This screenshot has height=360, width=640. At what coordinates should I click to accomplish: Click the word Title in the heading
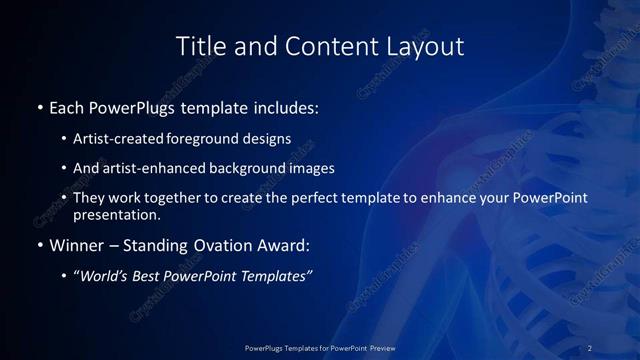pos(198,46)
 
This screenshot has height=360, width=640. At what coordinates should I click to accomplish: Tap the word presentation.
pos(116,214)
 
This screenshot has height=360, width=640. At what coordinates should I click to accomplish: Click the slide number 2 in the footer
pos(590,348)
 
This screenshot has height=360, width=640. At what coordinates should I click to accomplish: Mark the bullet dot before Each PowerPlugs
pos(40,107)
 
